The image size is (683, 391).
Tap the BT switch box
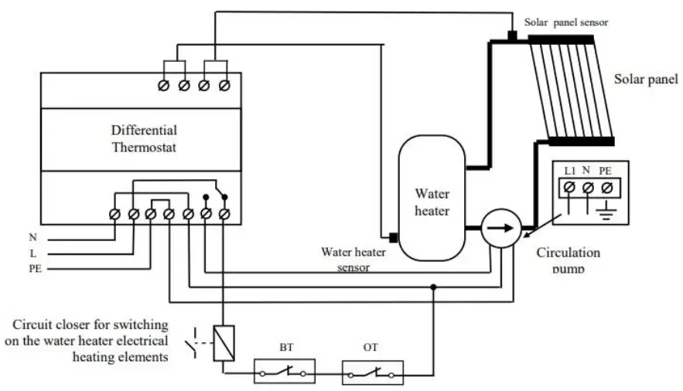pyautogui.click(x=284, y=372)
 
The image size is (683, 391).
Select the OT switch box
pyautogui.click(x=372, y=372)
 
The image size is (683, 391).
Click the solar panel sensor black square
pyautogui.click(x=512, y=36)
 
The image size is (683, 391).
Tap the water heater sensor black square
pyautogui.click(x=392, y=237)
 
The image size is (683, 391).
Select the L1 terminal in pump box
pyautogui.click(x=569, y=187)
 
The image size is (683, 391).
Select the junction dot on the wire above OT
pyautogui.click(x=433, y=287)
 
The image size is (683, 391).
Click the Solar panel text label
pyautogui.click(x=645, y=79)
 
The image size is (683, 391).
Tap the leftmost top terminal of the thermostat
pyautogui.click(x=164, y=85)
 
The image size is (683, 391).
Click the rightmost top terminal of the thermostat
pyautogui.click(x=224, y=85)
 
